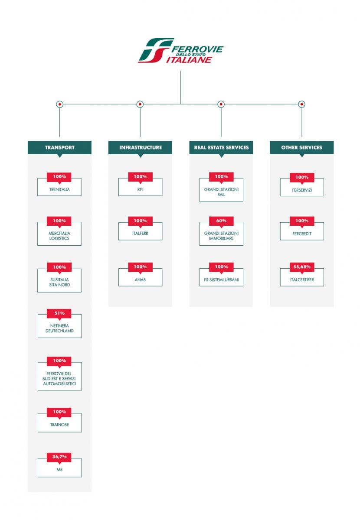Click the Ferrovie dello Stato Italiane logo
(180, 50)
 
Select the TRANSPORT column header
(59, 147)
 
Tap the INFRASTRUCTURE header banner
(140, 147)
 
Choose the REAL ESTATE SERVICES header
(221, 147)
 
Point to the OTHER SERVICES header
(302, 147)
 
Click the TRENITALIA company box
(59, 187)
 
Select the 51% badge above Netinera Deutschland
(59, 313)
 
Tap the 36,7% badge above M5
(59, 457)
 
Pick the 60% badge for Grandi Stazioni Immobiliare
(221, 221)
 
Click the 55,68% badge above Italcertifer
(302, 267)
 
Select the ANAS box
(140, 277)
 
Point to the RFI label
(140, 189)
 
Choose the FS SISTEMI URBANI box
(221, 277)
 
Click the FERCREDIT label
(302, 234)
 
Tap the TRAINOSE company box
(59, 422)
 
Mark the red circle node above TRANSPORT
(60, 104)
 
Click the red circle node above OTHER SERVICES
(301, 104)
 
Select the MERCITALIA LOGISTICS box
(59, 234)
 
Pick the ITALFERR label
(140, 233)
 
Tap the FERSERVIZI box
(302, 187)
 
